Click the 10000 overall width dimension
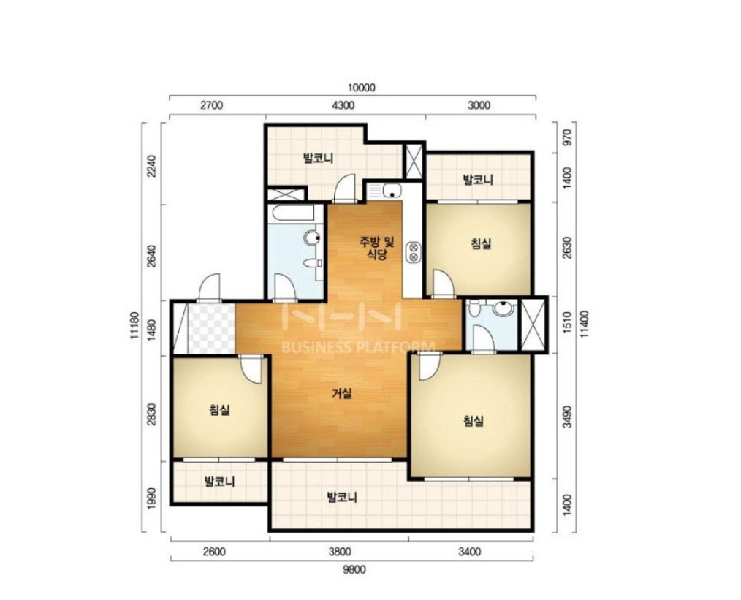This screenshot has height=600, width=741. [x=361, y=88]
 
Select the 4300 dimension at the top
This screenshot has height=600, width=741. [x=343, y=105]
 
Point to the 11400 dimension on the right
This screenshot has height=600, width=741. [x=585, y=324]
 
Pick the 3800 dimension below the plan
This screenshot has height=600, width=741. [x=340, y=552]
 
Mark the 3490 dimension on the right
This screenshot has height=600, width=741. [x=569, y=417]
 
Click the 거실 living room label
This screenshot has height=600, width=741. [x=342, y=393]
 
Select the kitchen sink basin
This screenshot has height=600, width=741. [x=392, y=191]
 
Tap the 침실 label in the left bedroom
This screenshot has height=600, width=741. [x=219, y=409]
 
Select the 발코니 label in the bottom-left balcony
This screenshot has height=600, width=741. [x=219, y=482]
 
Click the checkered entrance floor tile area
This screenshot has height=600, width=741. [x=211, y=328]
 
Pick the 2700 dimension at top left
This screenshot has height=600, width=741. [x=211, y=105]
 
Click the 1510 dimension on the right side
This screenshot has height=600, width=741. [x=569, y=322]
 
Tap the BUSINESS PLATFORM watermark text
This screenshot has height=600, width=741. [x=358, y=348]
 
